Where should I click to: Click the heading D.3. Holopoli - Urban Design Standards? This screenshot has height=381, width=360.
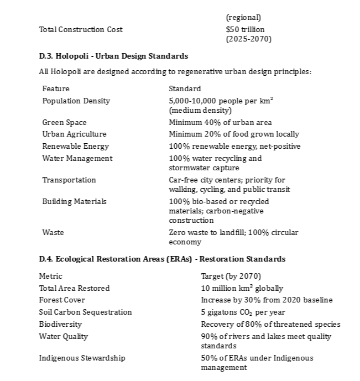113,56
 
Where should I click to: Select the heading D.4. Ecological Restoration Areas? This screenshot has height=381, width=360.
162,259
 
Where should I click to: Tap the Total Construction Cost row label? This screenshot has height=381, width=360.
81,29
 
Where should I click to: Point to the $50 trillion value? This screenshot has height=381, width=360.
245,29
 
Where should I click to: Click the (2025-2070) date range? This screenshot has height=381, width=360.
248,39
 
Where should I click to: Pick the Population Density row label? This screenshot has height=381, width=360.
76,101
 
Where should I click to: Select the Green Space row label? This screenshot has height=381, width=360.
64,122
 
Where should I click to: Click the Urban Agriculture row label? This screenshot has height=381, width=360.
74,134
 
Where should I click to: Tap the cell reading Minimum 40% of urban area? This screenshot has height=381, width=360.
220,122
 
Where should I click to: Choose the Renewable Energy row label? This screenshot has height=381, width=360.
75,146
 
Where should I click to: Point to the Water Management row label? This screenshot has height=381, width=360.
77,158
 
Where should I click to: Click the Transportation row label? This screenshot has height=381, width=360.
69,180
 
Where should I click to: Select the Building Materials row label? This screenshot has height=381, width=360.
74,201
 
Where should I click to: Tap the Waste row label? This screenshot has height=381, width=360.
53,232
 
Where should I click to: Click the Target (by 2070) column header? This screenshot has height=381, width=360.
231,276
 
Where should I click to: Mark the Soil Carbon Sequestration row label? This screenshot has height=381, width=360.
85,312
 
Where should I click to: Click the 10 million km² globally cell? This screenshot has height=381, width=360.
242,288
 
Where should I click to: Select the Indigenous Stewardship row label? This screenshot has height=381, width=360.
82,358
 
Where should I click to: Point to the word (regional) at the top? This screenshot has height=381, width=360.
243,18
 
